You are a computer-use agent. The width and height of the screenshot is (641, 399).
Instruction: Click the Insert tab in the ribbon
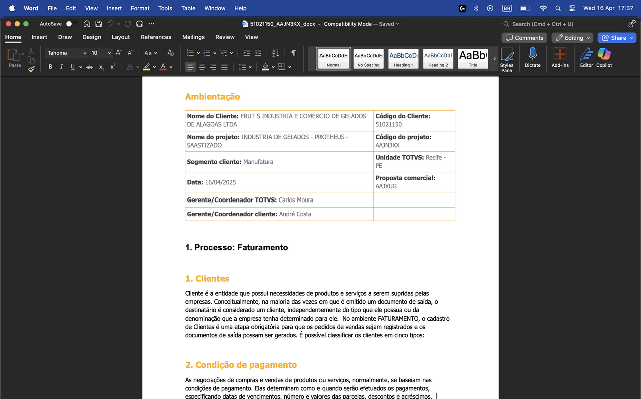click(x=39, y=37)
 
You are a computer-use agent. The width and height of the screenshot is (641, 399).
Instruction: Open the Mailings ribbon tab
click(x=193, y=37)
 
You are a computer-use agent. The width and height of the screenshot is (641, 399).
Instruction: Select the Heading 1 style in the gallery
click(x=403, y=59)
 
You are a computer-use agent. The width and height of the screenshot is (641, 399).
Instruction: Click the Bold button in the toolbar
click(x=50, y=67)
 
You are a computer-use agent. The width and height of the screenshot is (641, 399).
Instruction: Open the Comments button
click(x=524, y=38)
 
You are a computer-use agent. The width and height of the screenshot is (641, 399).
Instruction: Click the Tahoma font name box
click(x=64, y=53)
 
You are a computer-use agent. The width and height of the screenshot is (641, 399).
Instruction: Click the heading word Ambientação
click(x=212, y=97)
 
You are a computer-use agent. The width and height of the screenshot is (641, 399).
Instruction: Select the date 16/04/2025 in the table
click(x=221, y=182)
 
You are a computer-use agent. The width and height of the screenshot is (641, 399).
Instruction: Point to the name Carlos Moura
click(x=296, y=200)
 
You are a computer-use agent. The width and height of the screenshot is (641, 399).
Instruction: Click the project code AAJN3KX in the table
click(x=387, y=145)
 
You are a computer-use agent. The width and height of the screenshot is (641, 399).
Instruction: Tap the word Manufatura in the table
click(x=258, y=162)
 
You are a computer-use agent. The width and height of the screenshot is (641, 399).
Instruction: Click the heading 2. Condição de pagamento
click(x=241, y=365)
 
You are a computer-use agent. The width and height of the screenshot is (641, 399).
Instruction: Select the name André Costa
click(x=295, y=214)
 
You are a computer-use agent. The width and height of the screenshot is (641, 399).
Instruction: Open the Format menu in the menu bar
click(x=140, y=8)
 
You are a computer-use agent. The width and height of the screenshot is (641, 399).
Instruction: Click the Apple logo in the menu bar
click(x=12, y=8)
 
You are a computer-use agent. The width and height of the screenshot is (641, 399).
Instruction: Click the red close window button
click(x=8, y=24)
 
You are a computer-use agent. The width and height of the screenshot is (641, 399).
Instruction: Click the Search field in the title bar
click(x=561, y=24)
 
